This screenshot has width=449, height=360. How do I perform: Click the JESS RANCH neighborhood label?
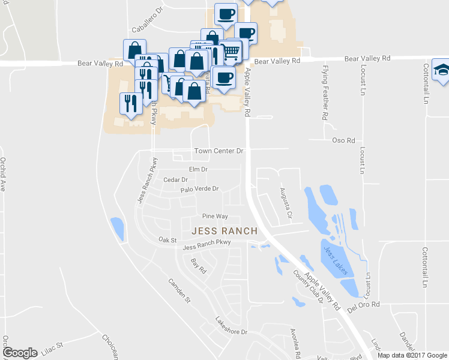click(224, 231)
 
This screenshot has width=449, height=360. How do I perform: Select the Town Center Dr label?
click(218, 151)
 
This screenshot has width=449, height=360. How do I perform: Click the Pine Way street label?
click(215, 216)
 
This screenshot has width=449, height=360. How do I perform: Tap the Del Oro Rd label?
click(364, 305)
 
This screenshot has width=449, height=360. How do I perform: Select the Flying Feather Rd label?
click(325, 93)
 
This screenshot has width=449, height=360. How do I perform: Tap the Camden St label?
click(179, 290)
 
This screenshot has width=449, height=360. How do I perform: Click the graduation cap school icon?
click(442, 71)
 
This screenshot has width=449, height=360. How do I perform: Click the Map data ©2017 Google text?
click(412, 355)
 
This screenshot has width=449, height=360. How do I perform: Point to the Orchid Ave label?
click(3, 174)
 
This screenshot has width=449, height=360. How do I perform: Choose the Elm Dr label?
click(198, 170)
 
